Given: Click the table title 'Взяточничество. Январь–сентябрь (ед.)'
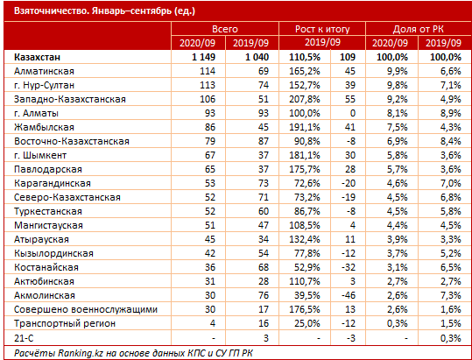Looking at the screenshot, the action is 104,11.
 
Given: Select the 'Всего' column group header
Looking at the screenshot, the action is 225,29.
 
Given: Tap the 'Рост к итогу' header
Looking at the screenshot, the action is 322,29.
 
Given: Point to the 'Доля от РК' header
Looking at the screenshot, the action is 418,29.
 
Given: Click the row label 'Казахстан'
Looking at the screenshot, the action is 37,57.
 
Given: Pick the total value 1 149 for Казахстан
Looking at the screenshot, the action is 203,57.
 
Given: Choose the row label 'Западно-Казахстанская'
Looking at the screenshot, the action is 70,99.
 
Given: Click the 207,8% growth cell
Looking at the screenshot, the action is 305,99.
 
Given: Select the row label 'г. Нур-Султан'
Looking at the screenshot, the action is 44,85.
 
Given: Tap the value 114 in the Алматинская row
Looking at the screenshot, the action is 208,71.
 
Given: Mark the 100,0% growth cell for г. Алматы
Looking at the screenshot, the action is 305,113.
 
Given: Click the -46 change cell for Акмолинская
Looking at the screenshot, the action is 349,295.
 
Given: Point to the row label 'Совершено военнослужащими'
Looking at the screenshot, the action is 86,309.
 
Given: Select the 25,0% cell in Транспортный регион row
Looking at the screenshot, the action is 307,323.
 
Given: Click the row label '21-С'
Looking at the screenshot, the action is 24,338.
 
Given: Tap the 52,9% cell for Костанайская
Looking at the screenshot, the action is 307,267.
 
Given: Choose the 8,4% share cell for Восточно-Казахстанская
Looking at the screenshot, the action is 450,141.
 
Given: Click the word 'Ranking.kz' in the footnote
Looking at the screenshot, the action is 79,353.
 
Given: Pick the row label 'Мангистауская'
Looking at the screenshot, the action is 48,225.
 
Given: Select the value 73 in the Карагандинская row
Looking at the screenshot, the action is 263,183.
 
